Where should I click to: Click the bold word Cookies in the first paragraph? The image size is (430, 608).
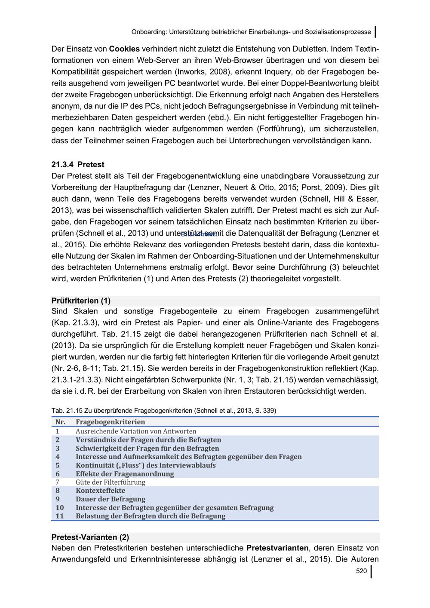[x=124, y=49]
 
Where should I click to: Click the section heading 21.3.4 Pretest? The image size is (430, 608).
[x=78, y=165]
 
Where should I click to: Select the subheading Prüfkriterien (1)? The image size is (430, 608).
[x=81, y=301]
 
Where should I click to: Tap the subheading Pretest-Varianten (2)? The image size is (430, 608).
[x=90, y=537]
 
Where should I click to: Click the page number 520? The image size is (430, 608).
[x=361, y=571]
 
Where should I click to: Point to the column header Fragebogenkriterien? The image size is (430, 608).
[x=110, y=422]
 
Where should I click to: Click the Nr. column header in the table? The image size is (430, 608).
[x=60, y=422]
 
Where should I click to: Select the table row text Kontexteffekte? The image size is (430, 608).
[x=101, y=491]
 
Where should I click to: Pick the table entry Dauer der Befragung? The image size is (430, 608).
[x=111, y=499]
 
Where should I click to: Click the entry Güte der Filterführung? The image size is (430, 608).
[x=111, y=482]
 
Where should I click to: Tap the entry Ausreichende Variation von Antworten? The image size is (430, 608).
[x=136, y=431]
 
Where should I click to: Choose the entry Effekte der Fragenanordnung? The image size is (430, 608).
[x=125, y=474]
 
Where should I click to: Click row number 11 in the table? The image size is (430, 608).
[x=59, y=516]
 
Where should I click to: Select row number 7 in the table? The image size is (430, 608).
[x=57, y=482]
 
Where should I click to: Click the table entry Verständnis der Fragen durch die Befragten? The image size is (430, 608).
[x=148, y=440]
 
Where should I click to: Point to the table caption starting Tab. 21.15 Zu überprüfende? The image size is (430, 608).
[x=163, y=411]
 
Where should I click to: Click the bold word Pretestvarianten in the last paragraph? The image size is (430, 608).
[x=277, y=548]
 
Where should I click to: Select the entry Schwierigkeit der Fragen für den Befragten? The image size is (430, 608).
[x=147, y=448]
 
